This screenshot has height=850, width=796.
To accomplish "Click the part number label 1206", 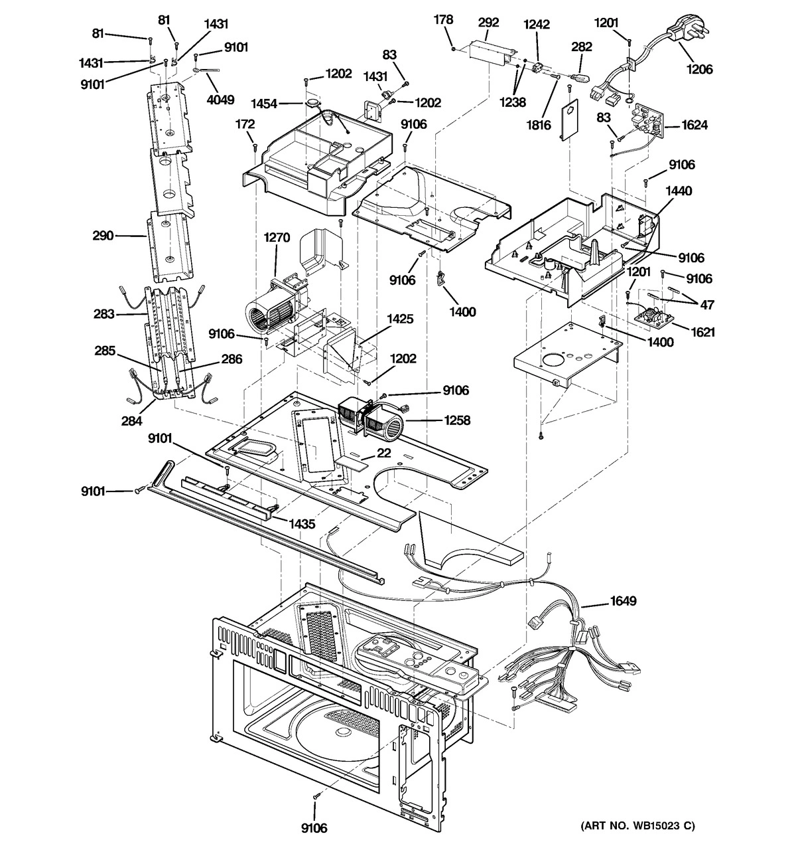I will [x=700, y=68].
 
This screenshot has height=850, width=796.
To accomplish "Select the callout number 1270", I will [x=277, y=237].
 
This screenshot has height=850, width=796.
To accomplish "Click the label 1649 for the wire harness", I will [x=623, y=602].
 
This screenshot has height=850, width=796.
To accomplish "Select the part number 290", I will [x=104, y=235].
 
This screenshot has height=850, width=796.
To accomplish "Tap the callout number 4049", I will [x=220, y=100].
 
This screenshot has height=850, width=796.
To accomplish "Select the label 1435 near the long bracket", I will [x=301, y=523].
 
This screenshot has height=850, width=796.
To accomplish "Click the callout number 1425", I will [x=400, y=319].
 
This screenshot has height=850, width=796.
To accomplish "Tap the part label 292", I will [x=488, y=22].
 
